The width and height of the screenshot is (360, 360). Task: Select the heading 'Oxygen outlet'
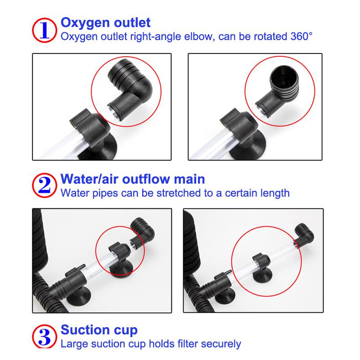105,22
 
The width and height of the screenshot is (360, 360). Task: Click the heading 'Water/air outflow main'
133,180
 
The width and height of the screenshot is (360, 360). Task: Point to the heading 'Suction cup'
99,331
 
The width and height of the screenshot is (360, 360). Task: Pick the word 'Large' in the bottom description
74,344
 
